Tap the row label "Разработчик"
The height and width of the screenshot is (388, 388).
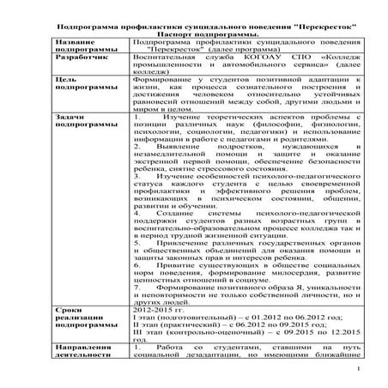82,64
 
